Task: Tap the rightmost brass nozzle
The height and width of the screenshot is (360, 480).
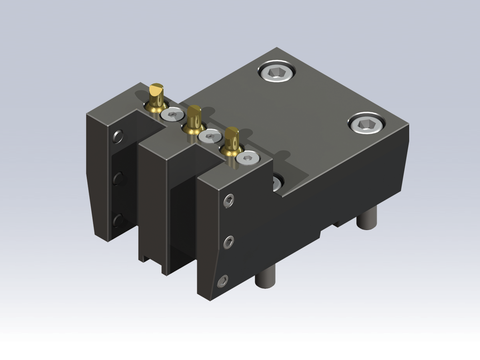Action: tap(233, 141)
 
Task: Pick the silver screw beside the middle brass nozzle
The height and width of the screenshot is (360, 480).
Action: tap(209, 136)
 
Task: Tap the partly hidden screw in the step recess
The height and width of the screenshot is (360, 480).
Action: tap(276, 182)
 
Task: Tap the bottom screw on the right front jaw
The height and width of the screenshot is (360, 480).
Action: tap(224, 281)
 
